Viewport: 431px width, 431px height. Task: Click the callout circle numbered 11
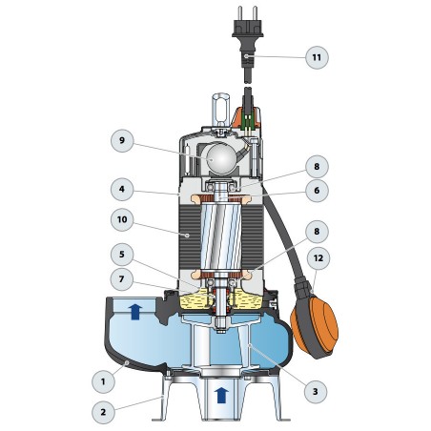click(x=317, y=57)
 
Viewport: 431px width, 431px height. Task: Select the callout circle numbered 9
click(x=122, y=141)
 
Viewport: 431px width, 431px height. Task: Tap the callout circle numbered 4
click(x=122, y=190)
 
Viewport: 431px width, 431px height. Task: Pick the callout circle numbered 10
click(x=122, y=219)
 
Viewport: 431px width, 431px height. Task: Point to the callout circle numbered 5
click(x=122, y=255)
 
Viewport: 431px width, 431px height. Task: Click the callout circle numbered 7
click(x=122, y=279)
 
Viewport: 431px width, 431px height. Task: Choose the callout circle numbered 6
click(x=317, y=191)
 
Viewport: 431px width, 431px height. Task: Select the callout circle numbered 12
click(x=318, y=258)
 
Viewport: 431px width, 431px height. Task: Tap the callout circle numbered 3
click(x=316, y=392)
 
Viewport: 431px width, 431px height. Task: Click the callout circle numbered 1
click(x=103, y=381)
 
